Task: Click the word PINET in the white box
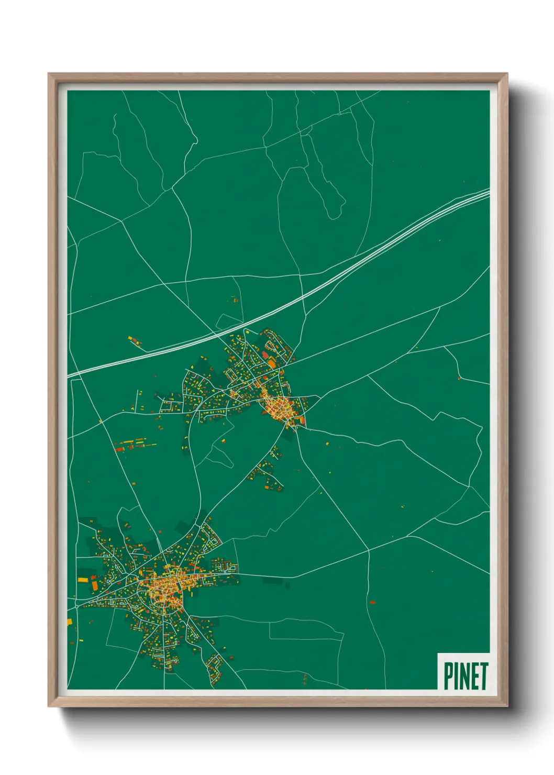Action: tap(466, 676)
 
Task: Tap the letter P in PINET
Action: tap(449, 676)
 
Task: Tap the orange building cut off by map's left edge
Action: tap(69, 622)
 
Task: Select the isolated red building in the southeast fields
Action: tap(372, 602)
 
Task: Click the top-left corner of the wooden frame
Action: tap(49, 74)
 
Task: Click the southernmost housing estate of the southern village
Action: tap(215, 668)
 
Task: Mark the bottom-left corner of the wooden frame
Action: tap(49, 706)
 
